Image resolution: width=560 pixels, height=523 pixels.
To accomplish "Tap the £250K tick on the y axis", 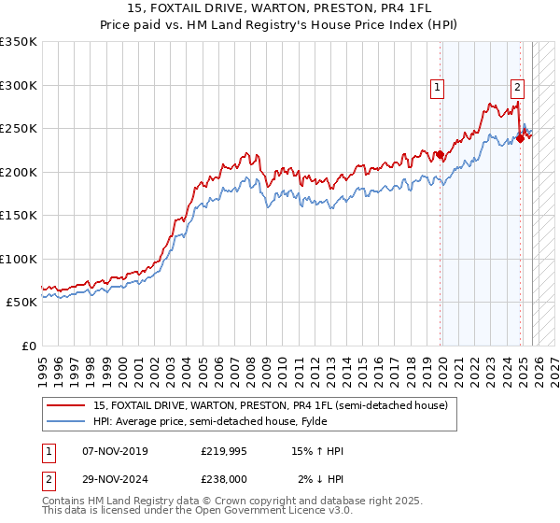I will (x=19, y=129).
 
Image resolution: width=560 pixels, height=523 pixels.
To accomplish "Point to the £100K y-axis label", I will (x=19, y=259).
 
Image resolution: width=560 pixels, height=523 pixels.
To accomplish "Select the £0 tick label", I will (x=28, y=346).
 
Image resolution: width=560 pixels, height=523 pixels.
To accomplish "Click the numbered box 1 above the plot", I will (x=438, y=88).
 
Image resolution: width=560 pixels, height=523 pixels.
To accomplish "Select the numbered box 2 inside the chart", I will (x=517, y=88).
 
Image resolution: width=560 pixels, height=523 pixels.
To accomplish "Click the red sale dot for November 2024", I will (x=521, y=139).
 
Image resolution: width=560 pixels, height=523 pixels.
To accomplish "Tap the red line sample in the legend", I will (x=65, y=405).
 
